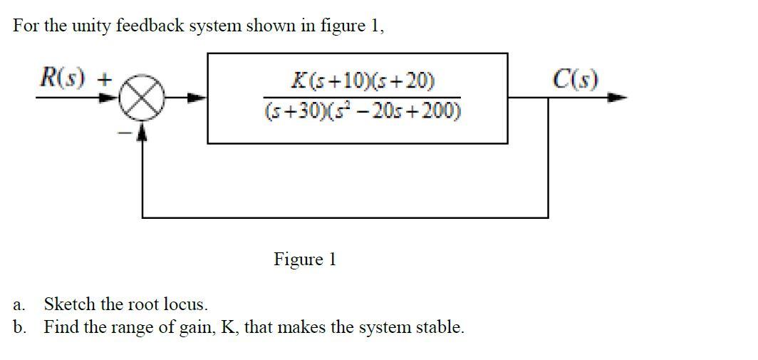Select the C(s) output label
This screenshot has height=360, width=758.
(575, 78)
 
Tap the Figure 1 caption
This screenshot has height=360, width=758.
(304, 259)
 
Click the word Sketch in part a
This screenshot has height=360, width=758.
(70, 304)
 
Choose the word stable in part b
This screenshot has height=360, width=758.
(440, 327)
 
